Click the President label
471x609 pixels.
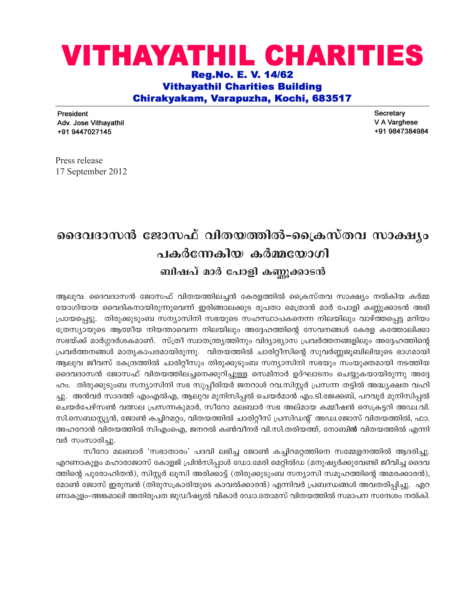point(73,114)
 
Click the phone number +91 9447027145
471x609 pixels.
point(84,132)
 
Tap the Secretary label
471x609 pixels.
point(390,113)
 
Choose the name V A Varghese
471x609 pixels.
point(396,122)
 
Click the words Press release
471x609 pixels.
point(79,160)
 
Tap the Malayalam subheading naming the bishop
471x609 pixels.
point(243,272)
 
